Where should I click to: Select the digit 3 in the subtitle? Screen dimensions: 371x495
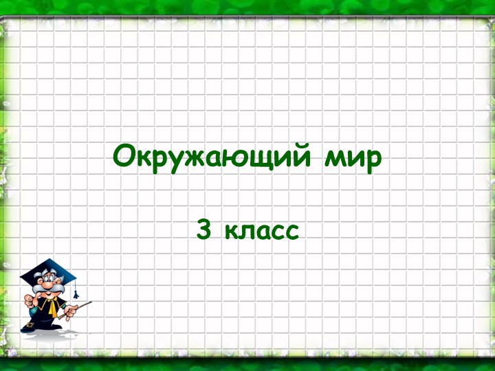point(203,230)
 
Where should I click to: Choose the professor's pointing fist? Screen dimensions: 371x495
point(28,300)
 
